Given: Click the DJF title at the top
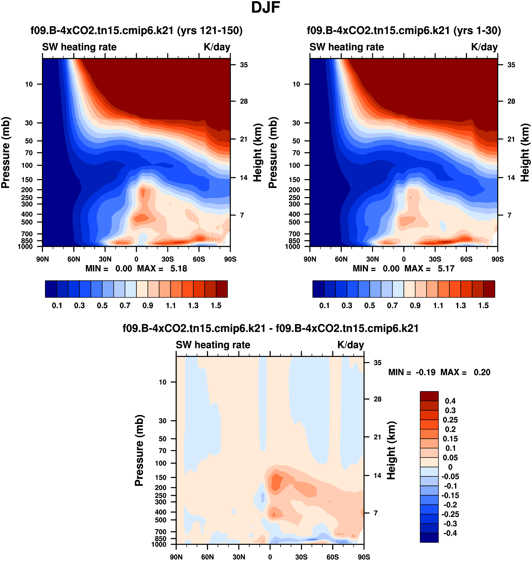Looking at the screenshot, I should [266, 8].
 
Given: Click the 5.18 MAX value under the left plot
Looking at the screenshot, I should [179, 268].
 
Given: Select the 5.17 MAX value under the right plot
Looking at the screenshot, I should [446, 268].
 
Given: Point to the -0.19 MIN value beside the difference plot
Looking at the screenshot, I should [425, 372].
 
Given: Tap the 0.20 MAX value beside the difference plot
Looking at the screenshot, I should [482, 372].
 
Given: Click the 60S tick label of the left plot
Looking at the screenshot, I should [199, 259].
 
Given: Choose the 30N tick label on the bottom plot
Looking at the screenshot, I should [239, 557].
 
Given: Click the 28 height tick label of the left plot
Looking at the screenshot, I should [244, 101].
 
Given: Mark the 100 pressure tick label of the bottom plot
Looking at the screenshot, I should [160, 463].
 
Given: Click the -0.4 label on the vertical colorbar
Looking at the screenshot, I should [450, 533].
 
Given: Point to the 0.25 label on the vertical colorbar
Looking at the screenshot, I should [450, 420].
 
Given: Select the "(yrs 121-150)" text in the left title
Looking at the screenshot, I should [210, 30].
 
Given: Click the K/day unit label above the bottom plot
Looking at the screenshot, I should [351, 345].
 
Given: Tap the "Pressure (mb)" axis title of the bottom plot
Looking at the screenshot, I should [139, 450].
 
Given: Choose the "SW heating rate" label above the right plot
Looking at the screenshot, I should [347, 47].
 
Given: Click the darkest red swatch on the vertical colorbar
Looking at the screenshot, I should [429, 396].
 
